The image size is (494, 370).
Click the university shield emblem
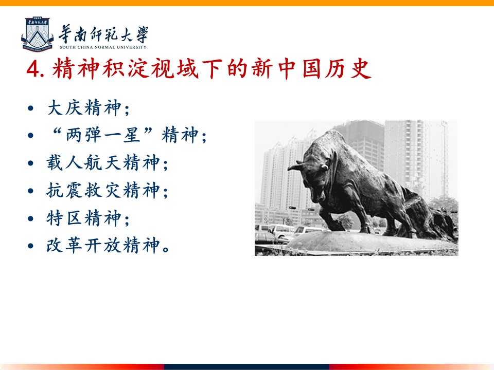pos(37,34)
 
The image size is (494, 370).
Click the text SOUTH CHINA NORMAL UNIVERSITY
pos(103,47)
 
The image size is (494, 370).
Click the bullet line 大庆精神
pos(88,108)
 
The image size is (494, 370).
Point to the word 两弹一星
pos(103,135)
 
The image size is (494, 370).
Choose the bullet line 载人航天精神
pos(107,163)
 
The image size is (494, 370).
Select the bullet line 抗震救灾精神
pos(107,190)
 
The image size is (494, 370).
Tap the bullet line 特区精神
pos(88,218)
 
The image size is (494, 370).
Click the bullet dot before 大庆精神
pos(30,108)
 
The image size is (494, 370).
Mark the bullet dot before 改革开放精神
pos(30,246)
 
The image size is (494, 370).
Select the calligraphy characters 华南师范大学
pos(103,34)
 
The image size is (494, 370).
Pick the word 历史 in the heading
pos(348,68)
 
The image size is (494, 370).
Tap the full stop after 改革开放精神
pos(166,250)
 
